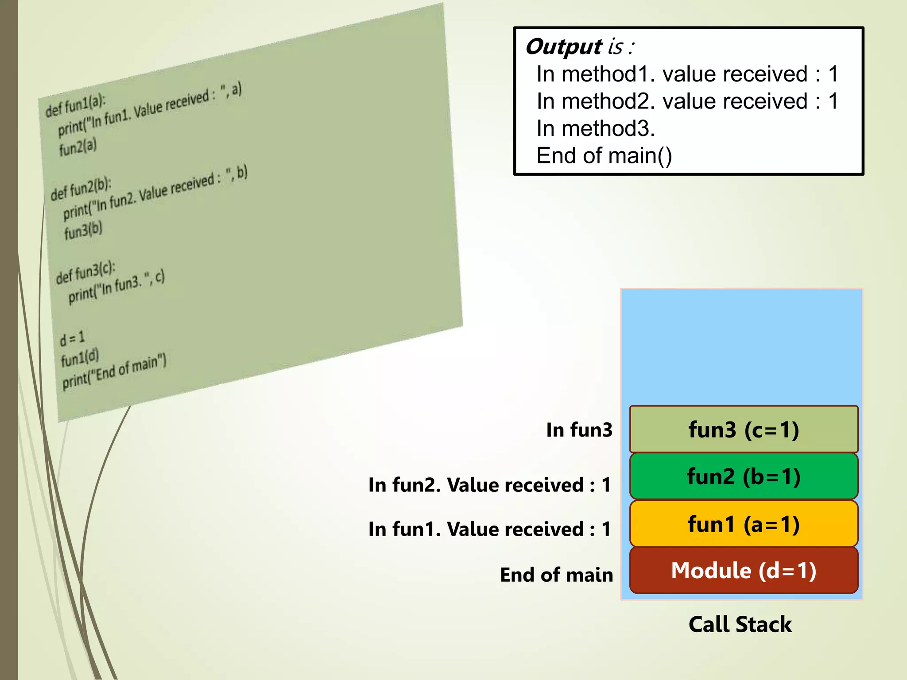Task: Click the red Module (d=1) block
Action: (x=743, y=570)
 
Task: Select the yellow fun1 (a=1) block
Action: (x=743, y=524)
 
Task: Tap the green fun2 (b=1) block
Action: (x=743, y=477)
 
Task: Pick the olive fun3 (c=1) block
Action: (x=743, y=429)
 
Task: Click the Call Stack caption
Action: (x=740, y=625)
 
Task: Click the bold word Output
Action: (x=563, y=47)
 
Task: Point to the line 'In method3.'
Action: (x=595, y=129)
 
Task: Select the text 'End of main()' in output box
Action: (x=604, y=156)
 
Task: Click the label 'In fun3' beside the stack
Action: (x=579, y=430)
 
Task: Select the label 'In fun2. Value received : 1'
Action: (x=489, y=485)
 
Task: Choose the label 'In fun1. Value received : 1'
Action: (x=489, y=529)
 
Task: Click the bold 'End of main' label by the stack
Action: (x=556, y=575)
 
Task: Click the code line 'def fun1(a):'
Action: (x=75, y=105)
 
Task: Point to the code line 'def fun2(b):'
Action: (x=81, y=189)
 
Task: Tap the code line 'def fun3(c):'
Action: (x=85, y=272)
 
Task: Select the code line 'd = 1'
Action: (x=72, y=339)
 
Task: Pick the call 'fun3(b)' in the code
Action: (x=83, y=231)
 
